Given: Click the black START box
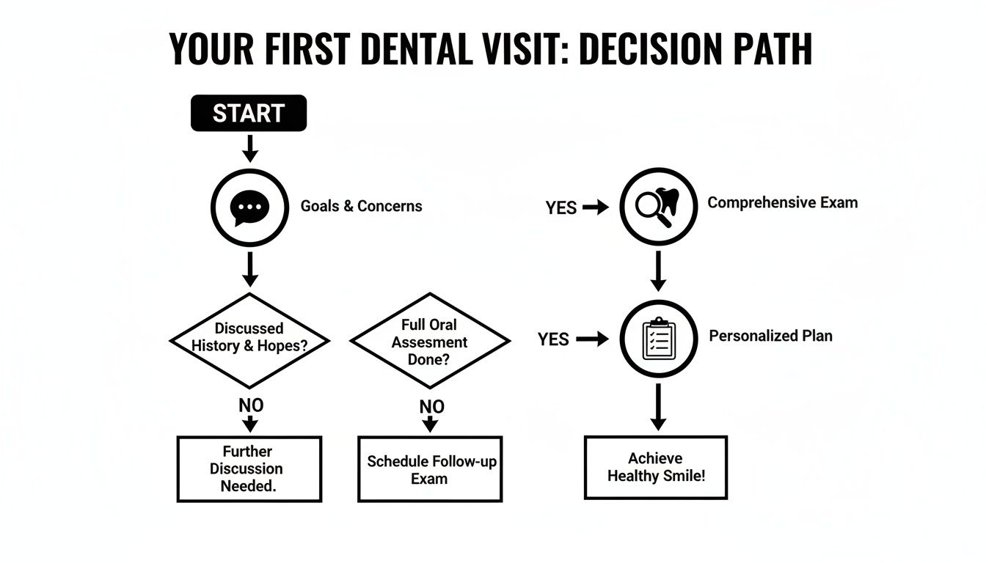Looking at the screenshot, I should pyautogui.click(x=249, y=114).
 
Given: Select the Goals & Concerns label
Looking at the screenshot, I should pyautogui.click(x=361, y=206).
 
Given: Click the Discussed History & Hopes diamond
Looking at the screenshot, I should pyautogui.click(x=249, y=340).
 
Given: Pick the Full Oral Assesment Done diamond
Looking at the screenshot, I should pyautogui.click(x=429, y=340).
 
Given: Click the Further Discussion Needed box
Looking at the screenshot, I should pyautogui.click(x=249, y=468).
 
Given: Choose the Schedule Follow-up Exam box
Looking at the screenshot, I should pyautogui.click(x=429, y=469).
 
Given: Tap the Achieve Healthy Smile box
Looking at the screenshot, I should pyautogui.click(x=655, y=467).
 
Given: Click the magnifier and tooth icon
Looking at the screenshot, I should pyautogui.click(x=658, y=206).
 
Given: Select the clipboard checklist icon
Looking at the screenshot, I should pyautogui.click(x=658, y=339).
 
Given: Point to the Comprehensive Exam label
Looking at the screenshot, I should pyautogui.click(x=782, y=203).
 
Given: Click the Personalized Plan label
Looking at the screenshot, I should pyautogui.click(x=770, y=336).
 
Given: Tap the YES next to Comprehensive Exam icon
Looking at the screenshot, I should pyautogui.click(x=561, y=208).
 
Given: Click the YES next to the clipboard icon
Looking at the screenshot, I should pyautogui.click(x=553, y=340).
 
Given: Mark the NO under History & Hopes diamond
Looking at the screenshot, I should pyautogui.click(x=251, y=405).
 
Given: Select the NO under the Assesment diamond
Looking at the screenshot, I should pyautogui.click(x=431, y=406).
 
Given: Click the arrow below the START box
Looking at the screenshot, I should pyautogui.click(x=250, y=149).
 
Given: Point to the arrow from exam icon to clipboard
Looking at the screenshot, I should pyautogui.click(x=658, y=270).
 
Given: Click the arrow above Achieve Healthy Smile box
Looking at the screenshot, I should pyautogui.click(x=658, y=407).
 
